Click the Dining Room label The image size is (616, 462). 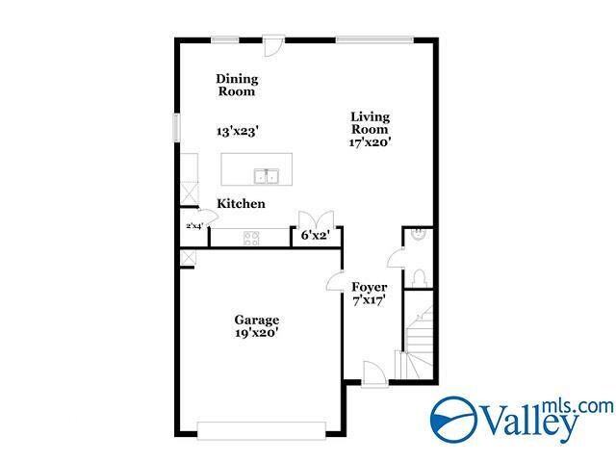pos(236,86)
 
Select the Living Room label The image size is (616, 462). pos(369,122)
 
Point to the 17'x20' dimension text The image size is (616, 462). pos(370,142)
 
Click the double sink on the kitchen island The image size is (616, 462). pos(267,176)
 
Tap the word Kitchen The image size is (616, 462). pos(241,204)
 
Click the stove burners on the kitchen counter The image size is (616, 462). pos(251,238)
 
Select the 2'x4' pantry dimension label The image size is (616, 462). pos(194,226)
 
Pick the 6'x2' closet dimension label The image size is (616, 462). pos(317,235)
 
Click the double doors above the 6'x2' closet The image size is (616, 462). pos(317,218)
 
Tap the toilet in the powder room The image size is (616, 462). pos(418,277)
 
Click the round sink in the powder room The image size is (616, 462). pos(418,233)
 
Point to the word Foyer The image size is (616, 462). pos(369,287)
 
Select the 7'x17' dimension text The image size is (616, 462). pos(369,301)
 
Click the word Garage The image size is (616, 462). pos(257,320)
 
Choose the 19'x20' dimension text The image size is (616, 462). pos(257,334)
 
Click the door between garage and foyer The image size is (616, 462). pos(335,282)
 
